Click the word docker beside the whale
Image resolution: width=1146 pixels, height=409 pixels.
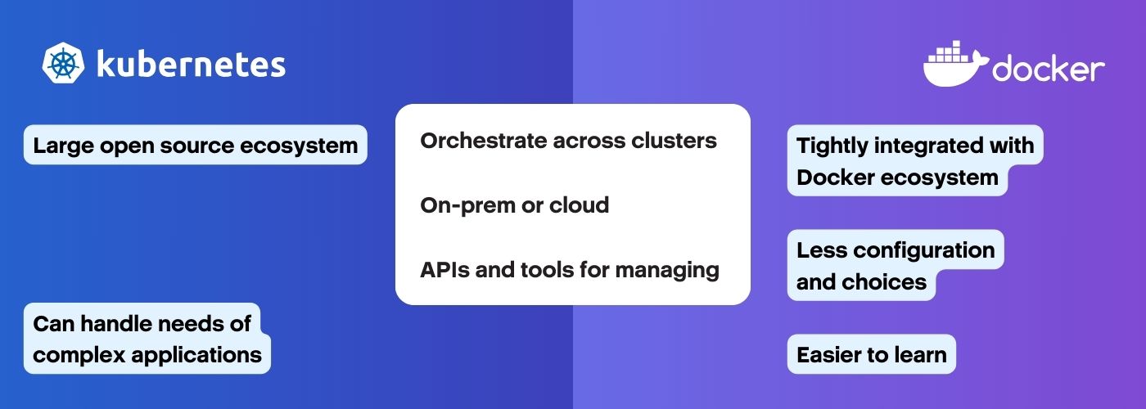point(1049,70)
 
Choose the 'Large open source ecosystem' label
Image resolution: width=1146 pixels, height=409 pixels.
point(196,146)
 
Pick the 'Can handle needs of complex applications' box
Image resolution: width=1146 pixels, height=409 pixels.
point(147,339)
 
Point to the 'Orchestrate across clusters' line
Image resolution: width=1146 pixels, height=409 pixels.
point(568,141)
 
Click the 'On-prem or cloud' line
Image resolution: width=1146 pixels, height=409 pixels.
point(514,204)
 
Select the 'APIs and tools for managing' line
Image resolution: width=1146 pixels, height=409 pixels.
point(570,269)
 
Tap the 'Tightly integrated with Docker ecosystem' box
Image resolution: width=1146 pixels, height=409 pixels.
point(914,161)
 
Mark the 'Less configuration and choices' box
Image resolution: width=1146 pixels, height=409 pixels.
point(895,266)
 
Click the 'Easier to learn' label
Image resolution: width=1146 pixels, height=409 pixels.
point(871,354)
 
